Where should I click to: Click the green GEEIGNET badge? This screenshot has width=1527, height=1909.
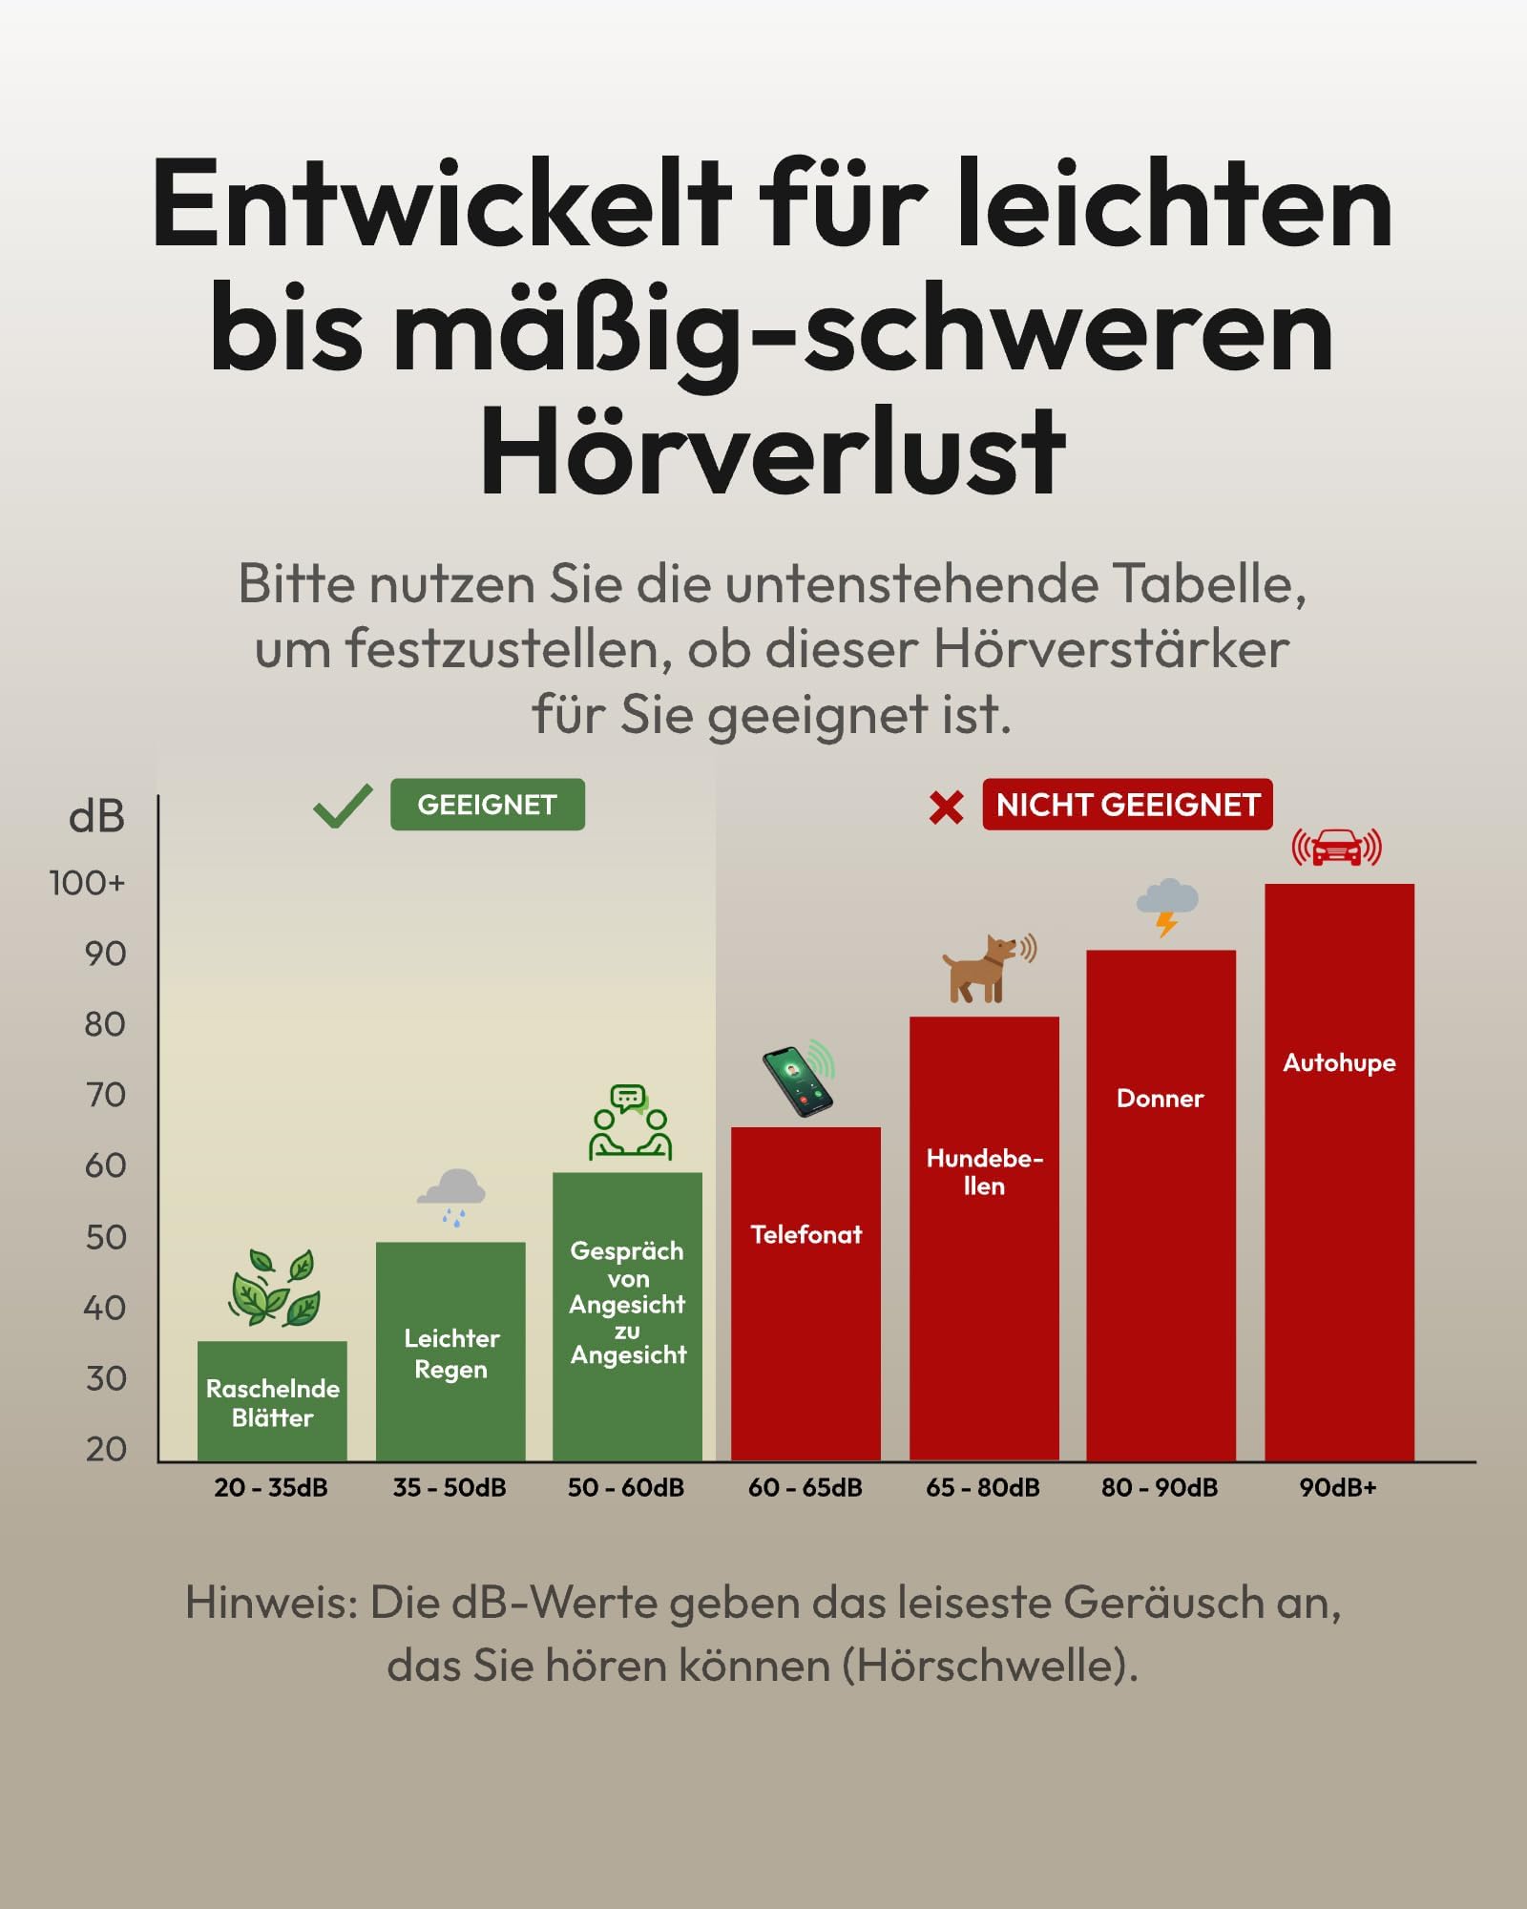[x=487, y=805]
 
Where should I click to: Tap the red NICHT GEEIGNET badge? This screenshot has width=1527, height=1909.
[x=1127, y=805]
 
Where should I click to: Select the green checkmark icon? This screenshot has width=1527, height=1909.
[x=343, y=808]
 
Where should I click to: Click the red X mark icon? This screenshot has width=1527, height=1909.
[x=946, y=808]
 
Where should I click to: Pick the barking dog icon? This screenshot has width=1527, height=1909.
[x=989, y=968]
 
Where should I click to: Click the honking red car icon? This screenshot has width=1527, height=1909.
[x=1337, y=847]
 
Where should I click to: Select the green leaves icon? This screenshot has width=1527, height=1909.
[x=274, y=1287]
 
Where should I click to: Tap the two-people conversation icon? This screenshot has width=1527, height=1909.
[x=630, y=1122]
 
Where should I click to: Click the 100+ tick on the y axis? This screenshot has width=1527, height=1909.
[x=87, y=883]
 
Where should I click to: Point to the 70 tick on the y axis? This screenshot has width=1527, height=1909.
[x=105, y=1095]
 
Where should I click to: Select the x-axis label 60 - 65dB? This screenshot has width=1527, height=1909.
[x=805, y=1487]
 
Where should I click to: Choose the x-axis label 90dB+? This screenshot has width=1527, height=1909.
[x=1337, y=1487]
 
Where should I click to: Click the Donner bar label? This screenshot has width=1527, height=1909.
[x=1160, y=1098]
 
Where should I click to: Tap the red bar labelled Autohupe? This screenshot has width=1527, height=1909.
[x=1339, y=1172]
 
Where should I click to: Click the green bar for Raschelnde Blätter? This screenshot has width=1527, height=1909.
[x=272, y=1401]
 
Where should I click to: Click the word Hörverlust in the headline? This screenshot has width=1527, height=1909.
[x=772, y=451]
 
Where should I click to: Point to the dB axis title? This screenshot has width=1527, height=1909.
[x=96, y=817]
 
